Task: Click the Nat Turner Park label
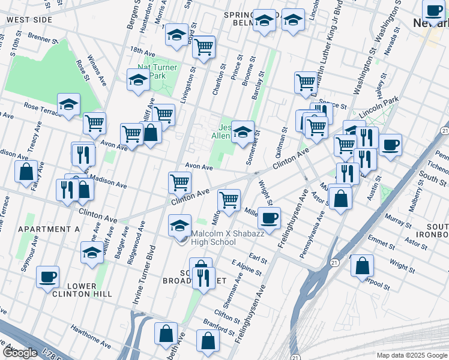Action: (x=157, y=71)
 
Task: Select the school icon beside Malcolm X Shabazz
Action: (x=179, y=226)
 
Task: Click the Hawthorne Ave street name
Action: (x=90, y=337)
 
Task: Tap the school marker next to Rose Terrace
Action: (x=69, y=104)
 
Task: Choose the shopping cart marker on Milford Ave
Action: (x=229, y=199)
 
